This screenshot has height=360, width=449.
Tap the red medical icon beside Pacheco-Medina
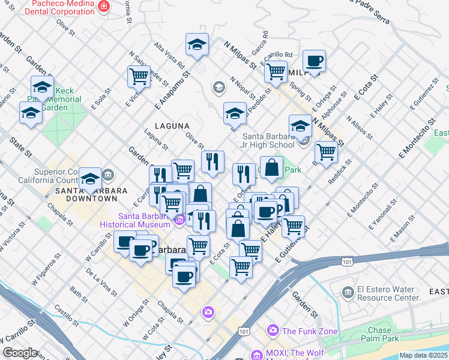(x=104, y=6)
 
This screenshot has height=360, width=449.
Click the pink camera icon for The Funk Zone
(x=273, y=331)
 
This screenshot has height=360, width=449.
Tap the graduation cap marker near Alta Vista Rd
(x=196, y=44)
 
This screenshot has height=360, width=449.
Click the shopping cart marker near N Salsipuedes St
(x=139, y=76)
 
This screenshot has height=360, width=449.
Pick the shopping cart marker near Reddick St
(x=325, y=151)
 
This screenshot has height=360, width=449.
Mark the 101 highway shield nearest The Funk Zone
(x=243, y=331)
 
